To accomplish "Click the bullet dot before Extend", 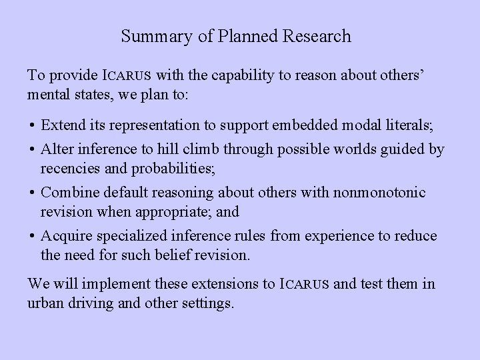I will [32, 125].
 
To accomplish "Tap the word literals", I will [412, 125].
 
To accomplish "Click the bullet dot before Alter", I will [32, 149].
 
